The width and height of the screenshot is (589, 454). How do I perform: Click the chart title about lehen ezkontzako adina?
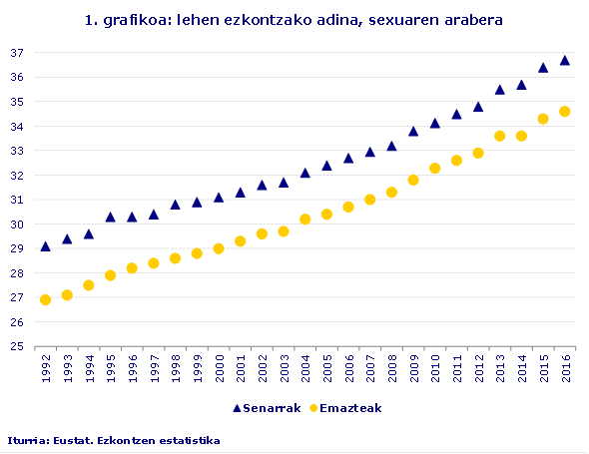(x=294, y=20)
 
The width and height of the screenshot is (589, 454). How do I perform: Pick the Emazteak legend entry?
(x=345, y=408)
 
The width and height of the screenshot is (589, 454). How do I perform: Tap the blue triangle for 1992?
(x=45, y=245)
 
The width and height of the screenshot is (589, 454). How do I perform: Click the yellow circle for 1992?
(x=45, y=299)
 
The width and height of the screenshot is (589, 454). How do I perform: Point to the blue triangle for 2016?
(x=564, y=60)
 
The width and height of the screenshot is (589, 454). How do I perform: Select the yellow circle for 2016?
(x=564, y=112)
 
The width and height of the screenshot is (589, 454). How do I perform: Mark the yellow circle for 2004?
(x=304, y=219)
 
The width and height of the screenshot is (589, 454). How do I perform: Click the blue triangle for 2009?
(x=412, y=131)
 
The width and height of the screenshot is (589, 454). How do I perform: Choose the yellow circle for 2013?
(x=499, y=136)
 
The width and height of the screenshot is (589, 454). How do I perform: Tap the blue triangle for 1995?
(x=110, y=217)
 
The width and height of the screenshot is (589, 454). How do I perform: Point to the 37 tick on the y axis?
(x=16, y=53)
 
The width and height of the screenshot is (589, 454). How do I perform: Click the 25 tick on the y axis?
(x=16, y=347)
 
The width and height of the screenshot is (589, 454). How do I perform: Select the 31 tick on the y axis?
(x=16, y=200)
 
